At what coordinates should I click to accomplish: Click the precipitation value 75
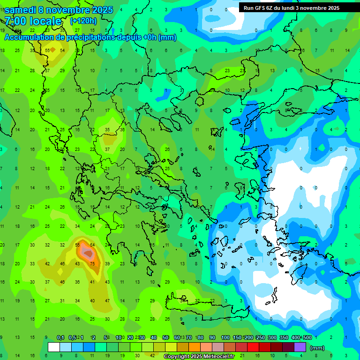92,264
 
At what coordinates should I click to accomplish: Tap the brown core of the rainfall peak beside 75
87,253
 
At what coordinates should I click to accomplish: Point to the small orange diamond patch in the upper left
52,50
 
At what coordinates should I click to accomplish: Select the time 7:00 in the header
15,21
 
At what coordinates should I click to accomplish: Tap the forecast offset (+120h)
83,21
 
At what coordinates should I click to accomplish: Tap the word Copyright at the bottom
177,357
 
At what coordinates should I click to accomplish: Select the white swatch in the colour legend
54,347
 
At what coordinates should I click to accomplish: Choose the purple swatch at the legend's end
300,347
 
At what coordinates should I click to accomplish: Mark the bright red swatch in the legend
253,347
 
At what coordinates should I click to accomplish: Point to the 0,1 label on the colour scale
60,337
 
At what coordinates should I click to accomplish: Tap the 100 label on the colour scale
225,337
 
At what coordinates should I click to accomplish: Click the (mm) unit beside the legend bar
317,348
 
